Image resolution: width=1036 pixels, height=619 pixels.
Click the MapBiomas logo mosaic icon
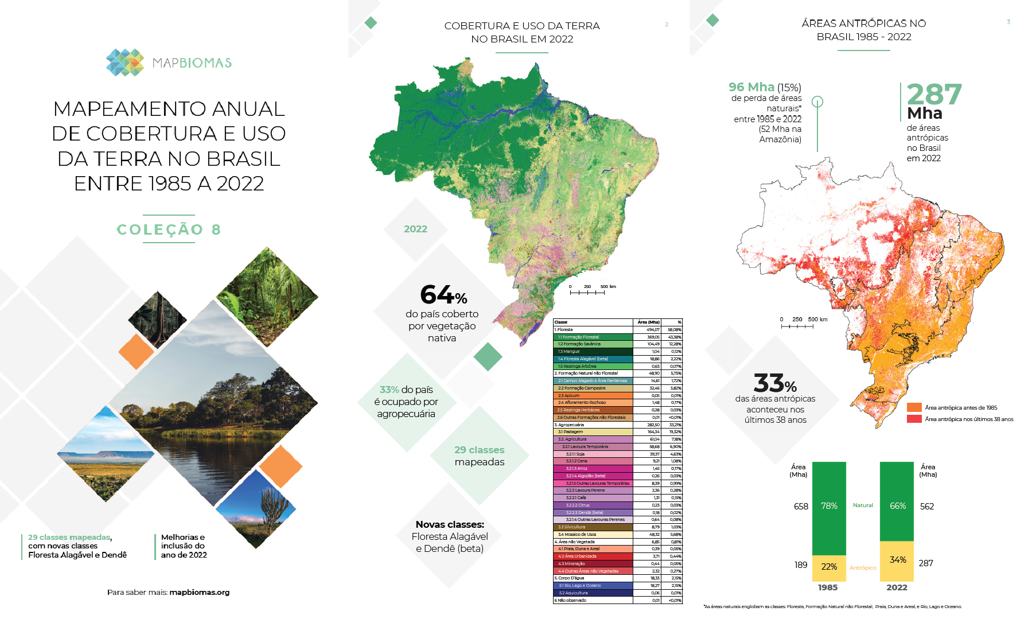[x=125, y=63]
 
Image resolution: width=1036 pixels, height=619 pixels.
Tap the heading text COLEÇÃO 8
[x=169, y=229]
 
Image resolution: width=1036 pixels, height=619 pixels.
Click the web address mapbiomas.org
[x=199, y=593]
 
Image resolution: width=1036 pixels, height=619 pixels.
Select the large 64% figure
[x=443, y=295]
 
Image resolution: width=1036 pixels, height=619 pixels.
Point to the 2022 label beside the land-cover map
[x=415, y=229]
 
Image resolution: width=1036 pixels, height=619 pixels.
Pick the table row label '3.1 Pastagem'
[x=571, y=432]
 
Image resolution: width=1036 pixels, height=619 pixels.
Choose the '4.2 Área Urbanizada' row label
[x=577, y=556]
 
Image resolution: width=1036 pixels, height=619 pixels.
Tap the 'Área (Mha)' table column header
[x=648, y=322]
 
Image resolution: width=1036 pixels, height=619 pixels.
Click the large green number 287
[x=934, y=95]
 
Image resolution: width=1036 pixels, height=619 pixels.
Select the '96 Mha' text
[x=751, y=87]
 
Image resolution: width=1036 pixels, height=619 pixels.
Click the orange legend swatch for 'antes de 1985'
[x=914, y=407]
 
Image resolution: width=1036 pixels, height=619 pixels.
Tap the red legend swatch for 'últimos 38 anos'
[x=914, y=419]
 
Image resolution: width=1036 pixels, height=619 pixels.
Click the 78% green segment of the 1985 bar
[x=829, y=506]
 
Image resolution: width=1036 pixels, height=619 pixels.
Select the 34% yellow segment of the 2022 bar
[x=897, y=560]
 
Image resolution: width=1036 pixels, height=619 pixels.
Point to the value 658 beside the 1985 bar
[x=801, y=507]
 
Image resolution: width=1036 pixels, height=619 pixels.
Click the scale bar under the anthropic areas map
[x=797, y=326]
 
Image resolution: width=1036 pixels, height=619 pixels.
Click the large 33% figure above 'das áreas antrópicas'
[x=775, y=383]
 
